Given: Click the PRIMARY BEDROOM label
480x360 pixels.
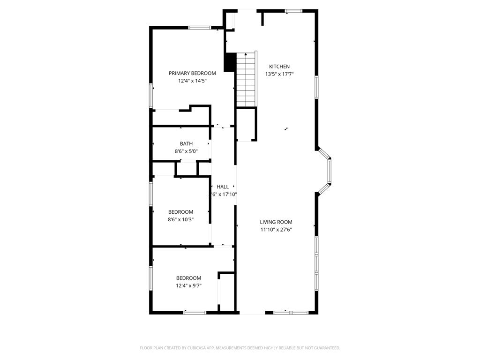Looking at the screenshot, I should coord(192,73).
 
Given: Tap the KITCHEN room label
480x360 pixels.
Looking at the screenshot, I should coord(279,67).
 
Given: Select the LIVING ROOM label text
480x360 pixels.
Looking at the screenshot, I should coord(276,222).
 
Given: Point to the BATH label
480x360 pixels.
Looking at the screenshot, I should coord(186,144).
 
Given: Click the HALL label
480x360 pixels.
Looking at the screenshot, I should coord(223,187).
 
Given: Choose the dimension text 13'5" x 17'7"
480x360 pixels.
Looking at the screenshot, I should coord(279,74).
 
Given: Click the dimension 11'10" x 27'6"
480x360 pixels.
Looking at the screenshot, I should coord(276,230).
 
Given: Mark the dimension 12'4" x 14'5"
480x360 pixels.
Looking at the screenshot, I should coord(192,81).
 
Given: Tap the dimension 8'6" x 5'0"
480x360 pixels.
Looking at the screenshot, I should coord(186,151).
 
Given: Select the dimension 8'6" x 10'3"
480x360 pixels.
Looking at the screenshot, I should coord(181,219).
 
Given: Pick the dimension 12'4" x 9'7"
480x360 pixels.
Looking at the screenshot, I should coord(188,285).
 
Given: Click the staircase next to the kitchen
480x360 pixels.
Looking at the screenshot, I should coord(247,80).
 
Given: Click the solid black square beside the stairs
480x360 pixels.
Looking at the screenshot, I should coord(230,62).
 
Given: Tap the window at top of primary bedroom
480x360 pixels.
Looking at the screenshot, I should coord(199,28).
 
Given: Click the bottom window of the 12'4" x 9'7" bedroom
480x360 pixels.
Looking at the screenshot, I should coord(195,312).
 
